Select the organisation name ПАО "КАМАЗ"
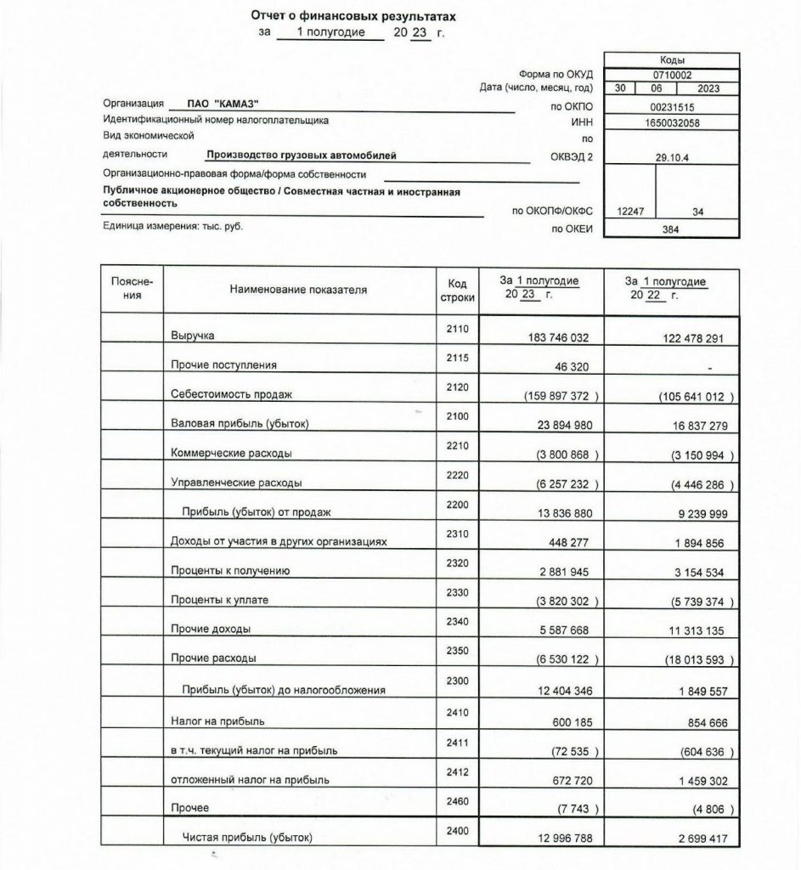pyautogui.click(x=214, y=104)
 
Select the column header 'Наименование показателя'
pyautogui.click(x=298, y=290)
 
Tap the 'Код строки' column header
pyautogui.click(x=458, y=290)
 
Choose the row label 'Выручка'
pyautogui.click(x=192, y=337)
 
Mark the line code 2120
pyautogui.click(x=458, y=387)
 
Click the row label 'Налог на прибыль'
pyautogui.click(x=219, y=721)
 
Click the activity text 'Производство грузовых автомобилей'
pyautogui.click(x=301, y=155)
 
